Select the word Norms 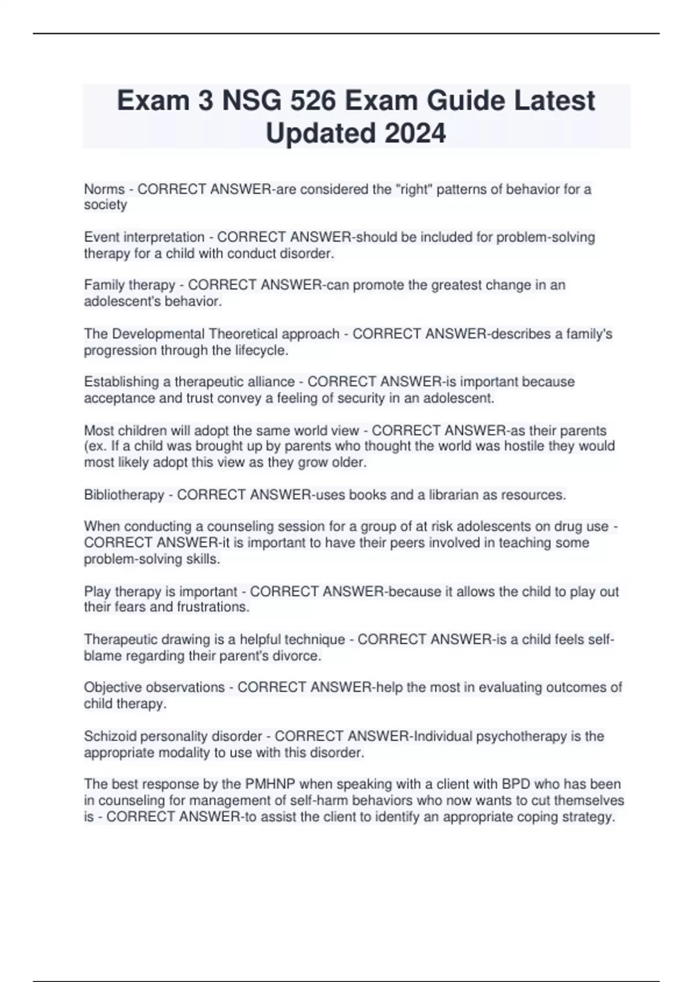tap(105, 189)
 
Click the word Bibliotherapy tap(124, 495)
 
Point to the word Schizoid tap(108, 736)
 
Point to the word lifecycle tap(262, 351)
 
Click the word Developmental tap(158, 334)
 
